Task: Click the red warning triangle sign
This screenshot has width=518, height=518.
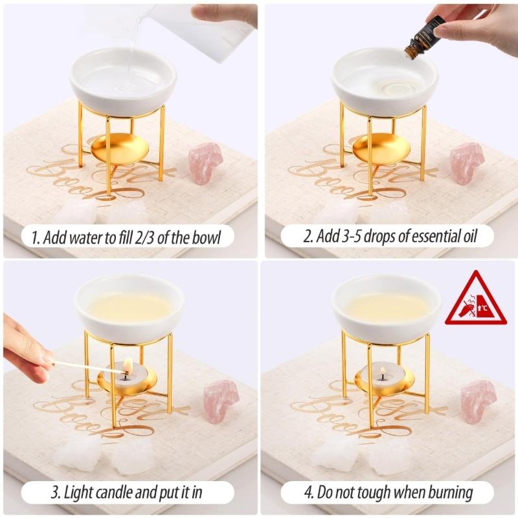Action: (475, 300)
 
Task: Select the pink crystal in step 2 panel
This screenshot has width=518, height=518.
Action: (467, 162)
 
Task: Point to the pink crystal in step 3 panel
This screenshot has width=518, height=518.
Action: (221, 400)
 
